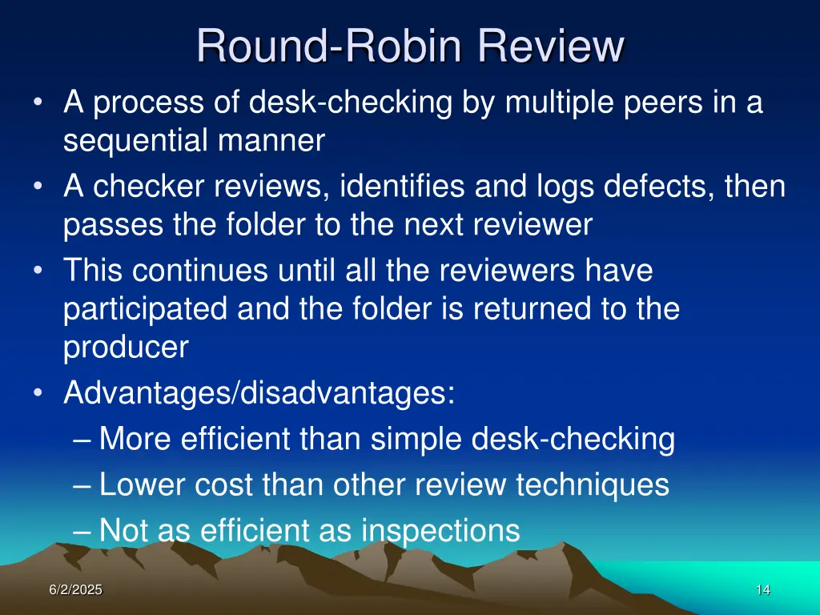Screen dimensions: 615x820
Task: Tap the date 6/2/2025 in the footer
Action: pos(75,590)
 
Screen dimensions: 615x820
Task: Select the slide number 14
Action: pos(762,590)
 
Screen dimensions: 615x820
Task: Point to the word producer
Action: pos(126,347)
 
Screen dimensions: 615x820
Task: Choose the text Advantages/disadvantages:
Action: pos(259,393)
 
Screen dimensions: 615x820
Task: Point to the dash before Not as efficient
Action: pos(82,530)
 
